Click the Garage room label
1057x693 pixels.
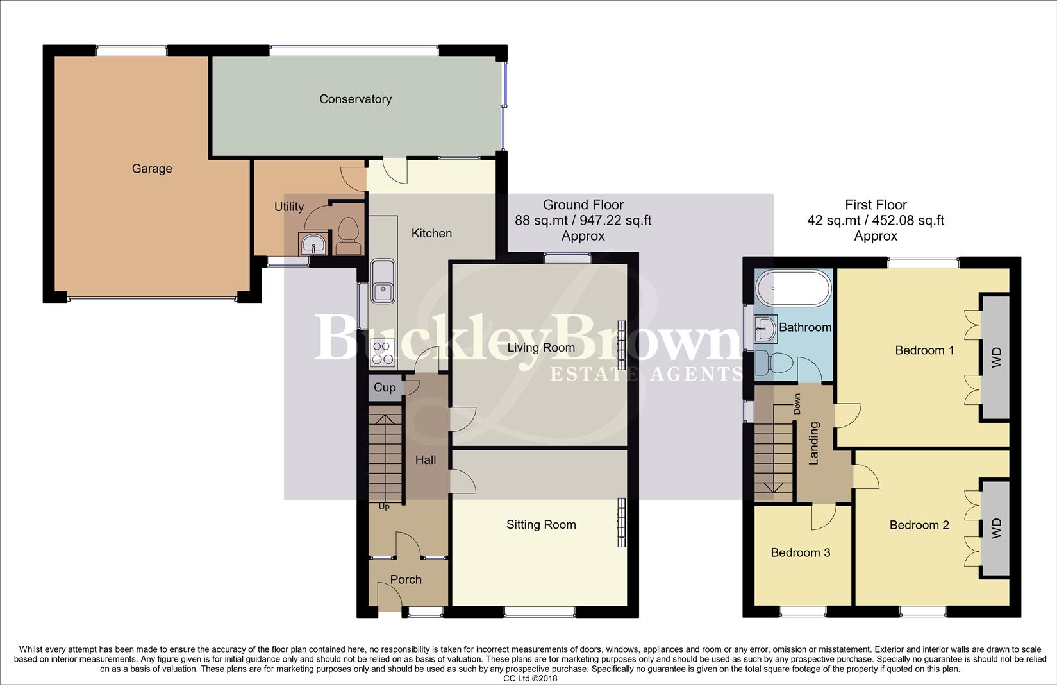[x=152, y=169]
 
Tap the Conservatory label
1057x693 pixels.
[x=355, y=99]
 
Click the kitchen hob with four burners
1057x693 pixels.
[x=383, y=353]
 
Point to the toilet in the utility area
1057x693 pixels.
[x=347, y=236]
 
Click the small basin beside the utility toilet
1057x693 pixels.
[x=313, y=244]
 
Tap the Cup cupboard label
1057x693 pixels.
[x=385, y=388]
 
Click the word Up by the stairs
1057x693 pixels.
[x=384, y=506]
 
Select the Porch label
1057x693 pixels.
[x=406, y=579]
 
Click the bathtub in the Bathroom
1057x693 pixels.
[x=793, y=289]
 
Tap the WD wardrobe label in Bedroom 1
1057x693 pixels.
[x=996, y=357]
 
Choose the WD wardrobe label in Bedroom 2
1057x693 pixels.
[x=996, y=528]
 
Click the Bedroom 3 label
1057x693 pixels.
[x=800, y=552]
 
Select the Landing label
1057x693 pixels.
[x=814, y=443]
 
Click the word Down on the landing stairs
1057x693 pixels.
[x=797, y=404]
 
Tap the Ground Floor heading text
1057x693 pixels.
[x=583, y=205]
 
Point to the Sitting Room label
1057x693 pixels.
[x=541, y=524]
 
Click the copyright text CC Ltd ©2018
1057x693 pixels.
[x=530, y=678]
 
